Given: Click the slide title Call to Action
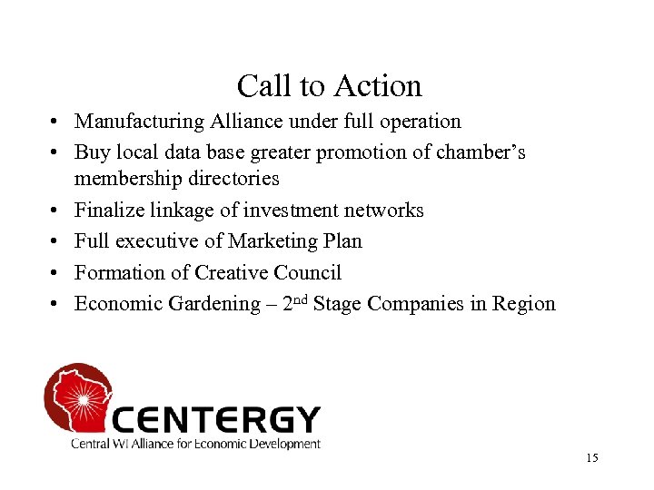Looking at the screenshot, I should (x=329, y=86).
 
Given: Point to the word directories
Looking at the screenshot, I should (x=233, y=179).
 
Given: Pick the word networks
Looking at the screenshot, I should (x=384, y=211).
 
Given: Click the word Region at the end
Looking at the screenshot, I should (x=523, y=303).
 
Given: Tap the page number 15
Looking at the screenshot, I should (x=592, y=458).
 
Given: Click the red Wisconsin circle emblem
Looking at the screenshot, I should (x=77, y=397).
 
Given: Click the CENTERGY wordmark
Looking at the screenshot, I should (x=216, y=419).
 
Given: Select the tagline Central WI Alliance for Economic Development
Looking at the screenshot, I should (x=196, y=444).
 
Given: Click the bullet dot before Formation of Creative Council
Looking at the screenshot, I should (x=56, y=273).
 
